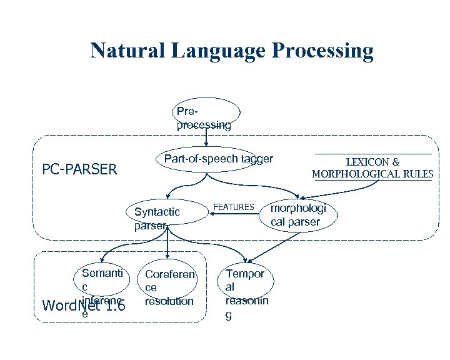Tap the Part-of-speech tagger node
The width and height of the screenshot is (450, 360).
click(x=218, y=159)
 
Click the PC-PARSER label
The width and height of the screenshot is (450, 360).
click(x=79, y=169)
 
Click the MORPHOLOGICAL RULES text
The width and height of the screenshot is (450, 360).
click(x=373, y=174)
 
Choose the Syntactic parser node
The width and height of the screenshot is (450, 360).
click(x=157, y=218)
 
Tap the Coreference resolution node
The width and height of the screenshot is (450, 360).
click(x=169, y=287)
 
